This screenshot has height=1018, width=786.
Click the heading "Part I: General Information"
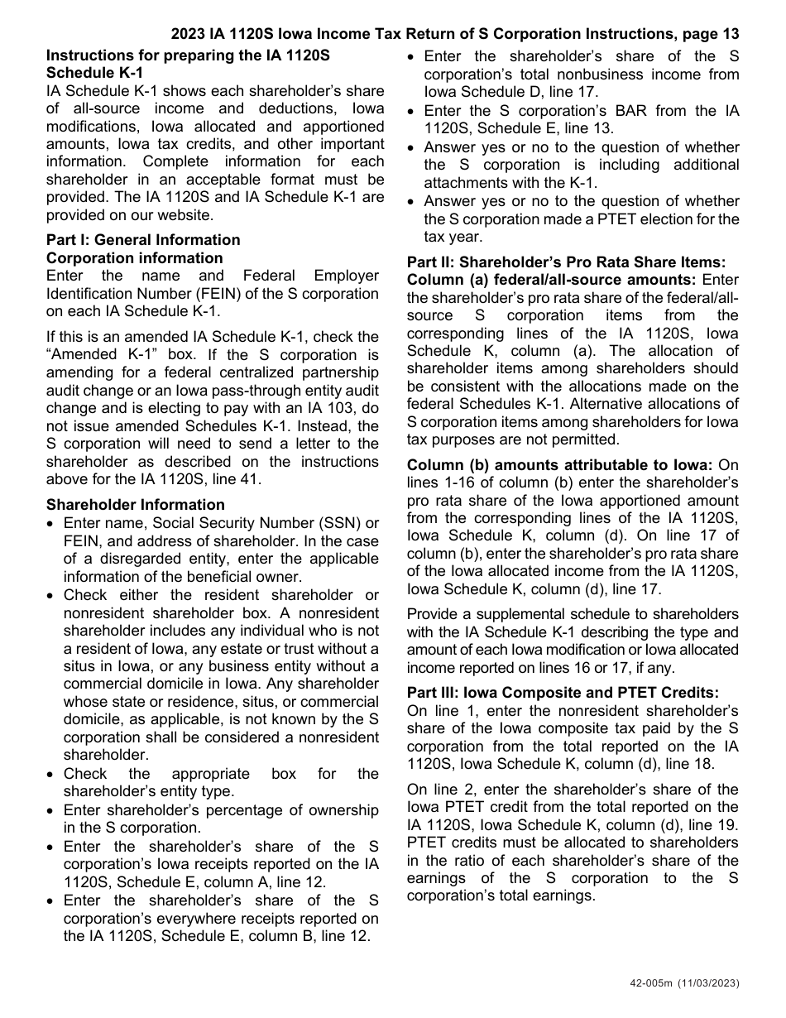143,240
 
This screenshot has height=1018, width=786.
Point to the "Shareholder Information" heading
135,505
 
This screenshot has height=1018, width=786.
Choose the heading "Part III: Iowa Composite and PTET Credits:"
563,693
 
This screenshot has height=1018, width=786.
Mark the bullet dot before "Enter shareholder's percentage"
52,811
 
